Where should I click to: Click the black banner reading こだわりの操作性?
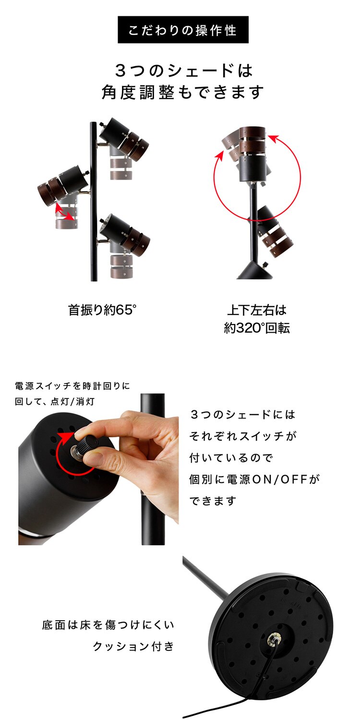[x=183, y=30]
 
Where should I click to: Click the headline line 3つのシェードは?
[x=183, y=71]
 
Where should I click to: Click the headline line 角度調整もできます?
[x=183, y=92]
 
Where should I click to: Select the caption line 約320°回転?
[x=257, y=328]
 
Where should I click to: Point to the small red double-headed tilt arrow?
[x=65, y=212]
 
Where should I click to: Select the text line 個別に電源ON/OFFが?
[x=254, y=479]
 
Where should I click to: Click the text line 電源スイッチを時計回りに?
[x=72, y=386]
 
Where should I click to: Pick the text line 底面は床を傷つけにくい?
[x=108, y=625]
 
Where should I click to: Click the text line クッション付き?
[x=133, y=646]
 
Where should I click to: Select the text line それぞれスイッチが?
[x=243, y=436]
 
